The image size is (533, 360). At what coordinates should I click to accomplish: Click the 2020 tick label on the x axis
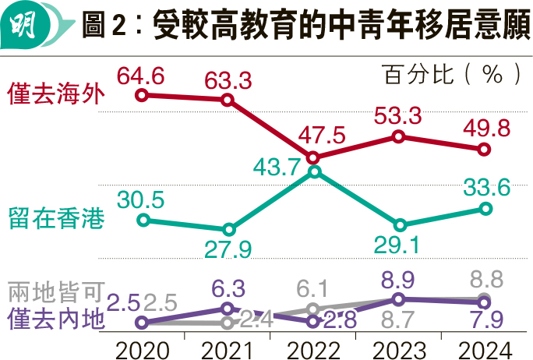tap(141, 347)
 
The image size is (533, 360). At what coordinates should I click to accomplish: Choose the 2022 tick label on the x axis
tap(313, 347)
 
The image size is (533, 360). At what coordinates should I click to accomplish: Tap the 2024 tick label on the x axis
tap(484, 347)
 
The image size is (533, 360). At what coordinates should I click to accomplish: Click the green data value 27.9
tap(229, 249)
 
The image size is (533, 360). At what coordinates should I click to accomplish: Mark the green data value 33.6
tap(485, 188)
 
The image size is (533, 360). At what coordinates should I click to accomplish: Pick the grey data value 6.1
tap(313, 288)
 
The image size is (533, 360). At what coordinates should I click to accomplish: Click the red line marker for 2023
tap(398, 136)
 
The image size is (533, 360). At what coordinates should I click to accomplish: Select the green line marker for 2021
tap(228, 230)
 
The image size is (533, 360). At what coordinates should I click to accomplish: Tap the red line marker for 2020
tap(141, 95)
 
